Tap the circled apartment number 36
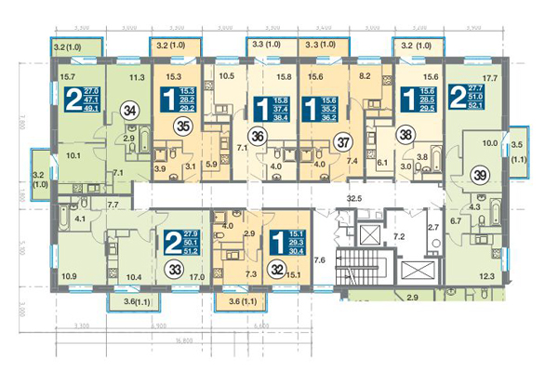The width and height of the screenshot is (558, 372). coord(259,135)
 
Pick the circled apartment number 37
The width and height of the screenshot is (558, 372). coord(343,142)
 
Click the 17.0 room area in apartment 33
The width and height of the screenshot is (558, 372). coord(196,277)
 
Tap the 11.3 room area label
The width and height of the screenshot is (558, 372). coord(136,78)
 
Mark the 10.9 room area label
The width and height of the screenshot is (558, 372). coord(68,277)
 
